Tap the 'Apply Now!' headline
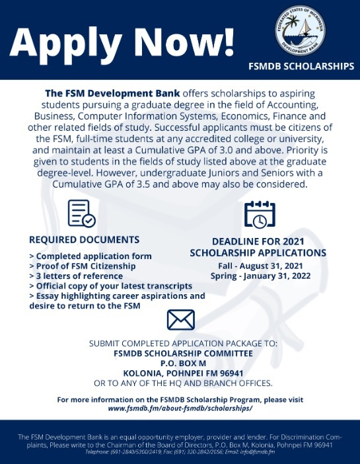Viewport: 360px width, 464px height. point(122,42)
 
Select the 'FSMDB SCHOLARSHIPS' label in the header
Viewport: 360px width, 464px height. point(301,67)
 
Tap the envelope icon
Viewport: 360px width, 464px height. point(180,320)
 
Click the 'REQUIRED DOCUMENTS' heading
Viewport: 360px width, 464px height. point(85,239)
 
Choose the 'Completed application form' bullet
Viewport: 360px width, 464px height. point(90,256)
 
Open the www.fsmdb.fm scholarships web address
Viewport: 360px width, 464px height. point(180,408)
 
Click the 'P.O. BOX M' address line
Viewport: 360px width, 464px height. point(180,364)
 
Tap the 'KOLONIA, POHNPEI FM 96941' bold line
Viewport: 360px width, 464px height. point(180,373)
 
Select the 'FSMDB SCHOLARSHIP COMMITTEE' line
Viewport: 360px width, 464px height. point(180,354)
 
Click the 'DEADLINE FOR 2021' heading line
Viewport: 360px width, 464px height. point(258,242)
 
